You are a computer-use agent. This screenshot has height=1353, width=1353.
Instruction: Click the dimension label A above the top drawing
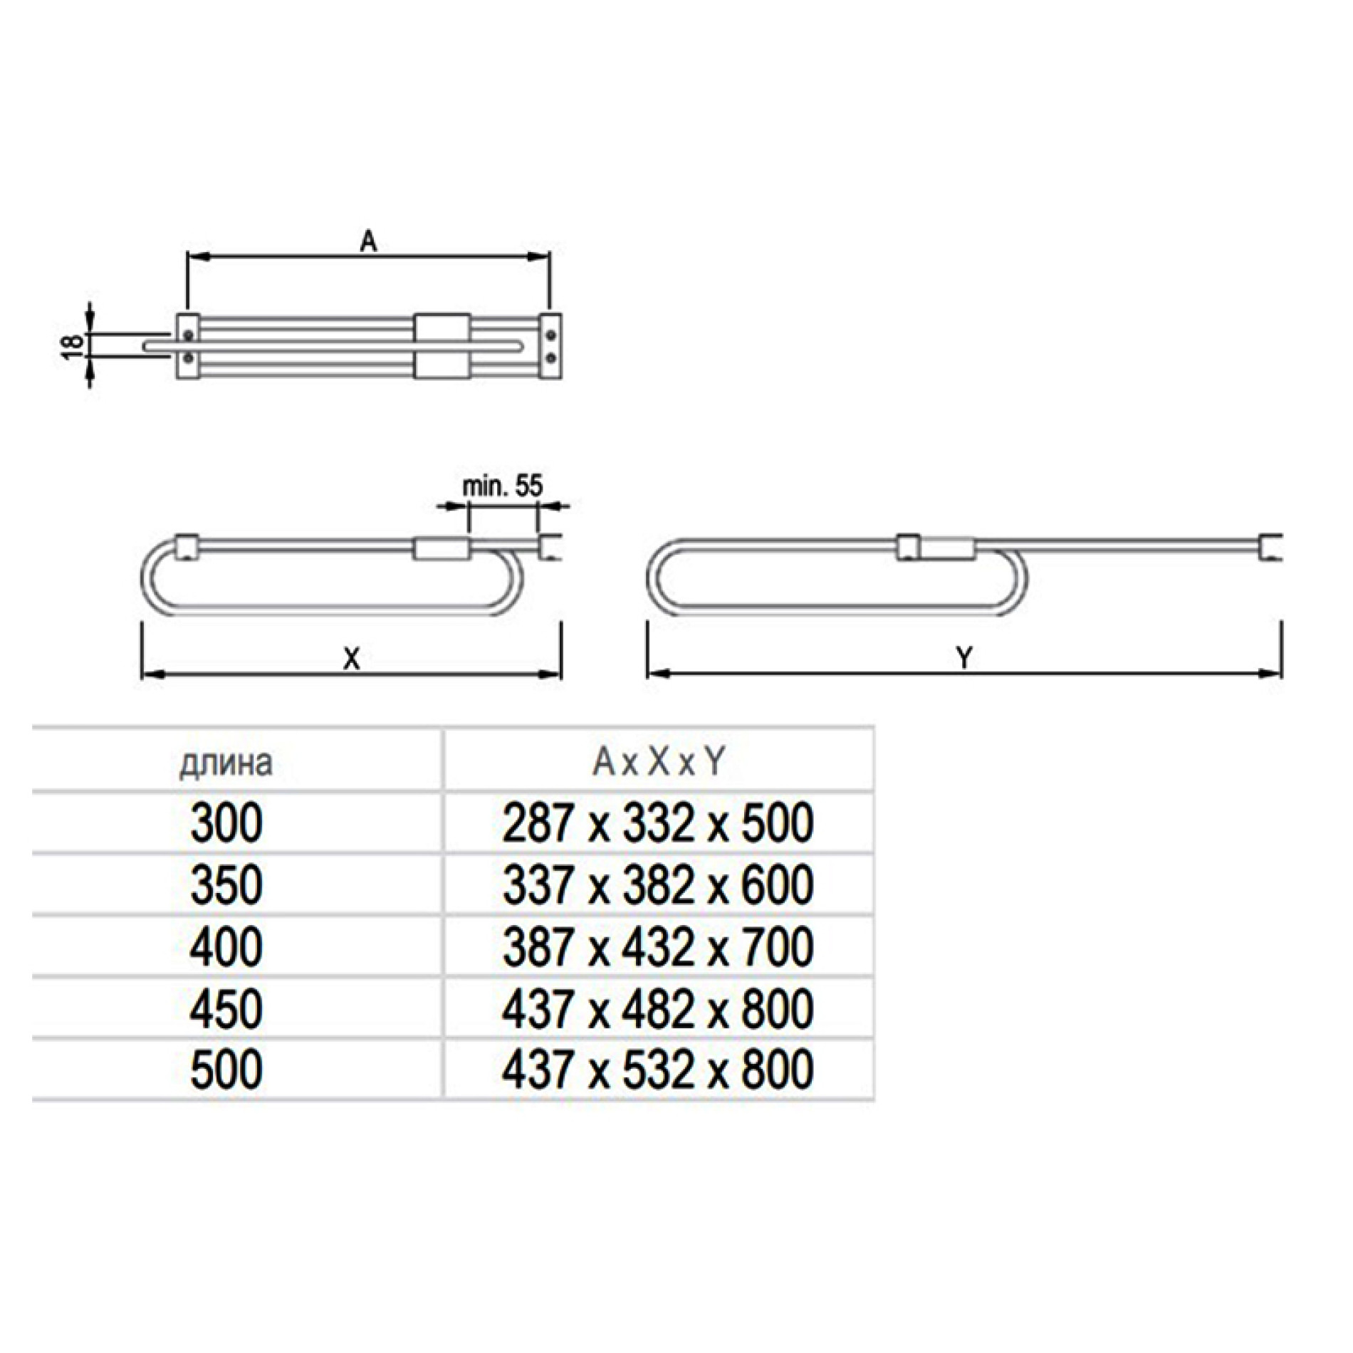[x=368, y=243]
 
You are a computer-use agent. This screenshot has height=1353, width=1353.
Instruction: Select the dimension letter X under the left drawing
[x=352, y=659]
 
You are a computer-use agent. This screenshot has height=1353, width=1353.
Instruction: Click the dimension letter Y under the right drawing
[x=964, y=658]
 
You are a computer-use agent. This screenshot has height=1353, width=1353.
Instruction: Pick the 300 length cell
[x=226, y=823]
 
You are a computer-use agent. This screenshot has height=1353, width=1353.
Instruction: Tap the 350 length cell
[x=226, y=885]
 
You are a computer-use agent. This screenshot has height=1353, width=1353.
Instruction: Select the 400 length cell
[x=226, y=947]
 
